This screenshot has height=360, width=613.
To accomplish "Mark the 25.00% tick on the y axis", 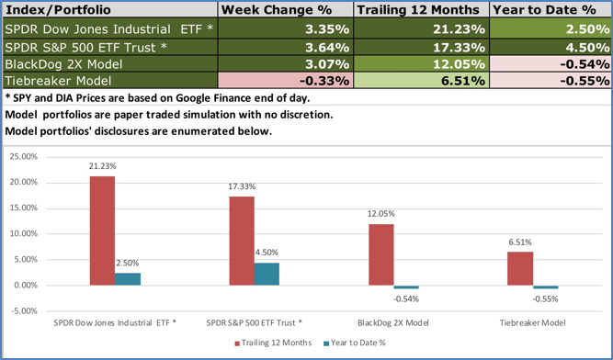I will (x=21, y=157).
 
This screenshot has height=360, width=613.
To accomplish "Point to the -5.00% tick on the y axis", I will (x=21, y=310).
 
